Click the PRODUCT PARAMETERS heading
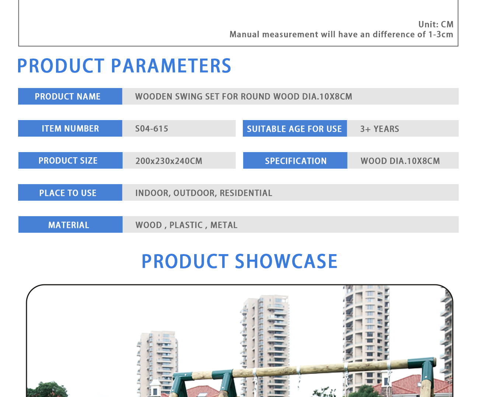pyautogui.click(x=124, y=66)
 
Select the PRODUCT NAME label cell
pyautogui.click(x=70, y=96)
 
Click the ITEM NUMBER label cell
pyautogui.click(x=70, y=129)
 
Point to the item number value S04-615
pyautogui.click(x=152, y=129)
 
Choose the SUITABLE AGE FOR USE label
pyautogui.click(x=295, y=129)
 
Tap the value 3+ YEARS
pyautogui.click(x=380, y=129)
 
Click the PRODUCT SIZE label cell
pyautogui.click(x=70, y=161)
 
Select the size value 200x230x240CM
pyautogui.click(x=169, y=161)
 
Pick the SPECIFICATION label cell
pyautogui.click(x=295, y=161)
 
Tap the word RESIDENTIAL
pyautogui.click(x=246, y=193)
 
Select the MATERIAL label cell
pyautogui.click(x=70, y=225)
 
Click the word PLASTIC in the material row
pyautogui.click(x=186, y=225)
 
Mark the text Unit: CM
pyautogui.click(x=436, y=24)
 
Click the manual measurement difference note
pyautogui.click(x=341, y=34)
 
